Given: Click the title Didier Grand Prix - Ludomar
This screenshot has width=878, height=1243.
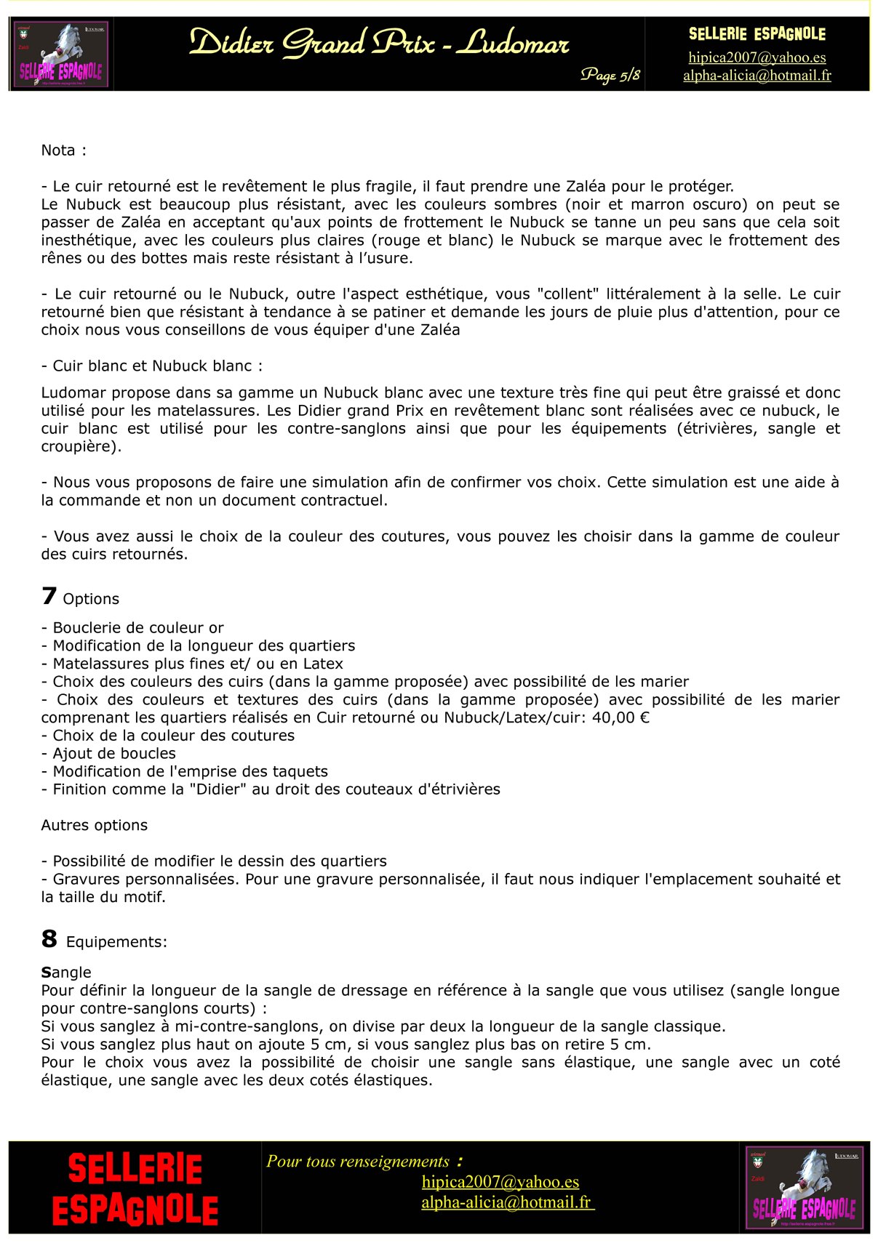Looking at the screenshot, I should tap(378, 44).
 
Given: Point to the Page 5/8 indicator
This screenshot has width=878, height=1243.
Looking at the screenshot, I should tap(610, 75).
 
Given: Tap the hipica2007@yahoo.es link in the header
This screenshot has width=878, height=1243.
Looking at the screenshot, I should tap(757, 57).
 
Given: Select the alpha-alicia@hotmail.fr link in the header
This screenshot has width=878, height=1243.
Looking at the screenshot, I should tap(757, 75).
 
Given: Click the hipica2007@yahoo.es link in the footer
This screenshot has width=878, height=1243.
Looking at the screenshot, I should tap(500, 1182).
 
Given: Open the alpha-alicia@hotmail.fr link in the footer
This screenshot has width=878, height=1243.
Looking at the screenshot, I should tap(507, 1202).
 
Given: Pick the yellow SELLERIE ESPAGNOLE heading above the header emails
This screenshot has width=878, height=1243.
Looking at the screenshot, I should tap(757, 34).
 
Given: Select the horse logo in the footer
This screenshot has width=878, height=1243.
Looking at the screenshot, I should tap(804, 1188).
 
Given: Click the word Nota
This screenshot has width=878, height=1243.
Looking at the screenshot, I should tap(58, 150).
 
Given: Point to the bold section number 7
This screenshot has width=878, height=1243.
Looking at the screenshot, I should tap(49, 596).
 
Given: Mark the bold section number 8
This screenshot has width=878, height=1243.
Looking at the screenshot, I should tap(49, 939).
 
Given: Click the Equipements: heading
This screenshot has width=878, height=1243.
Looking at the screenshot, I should tap(116, 942).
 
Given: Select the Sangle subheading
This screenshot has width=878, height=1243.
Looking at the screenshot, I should tap(66, 973).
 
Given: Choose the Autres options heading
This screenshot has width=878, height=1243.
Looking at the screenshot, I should tap(94, 825).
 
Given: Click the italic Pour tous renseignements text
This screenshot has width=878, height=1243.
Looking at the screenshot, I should tap(358, 1162).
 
